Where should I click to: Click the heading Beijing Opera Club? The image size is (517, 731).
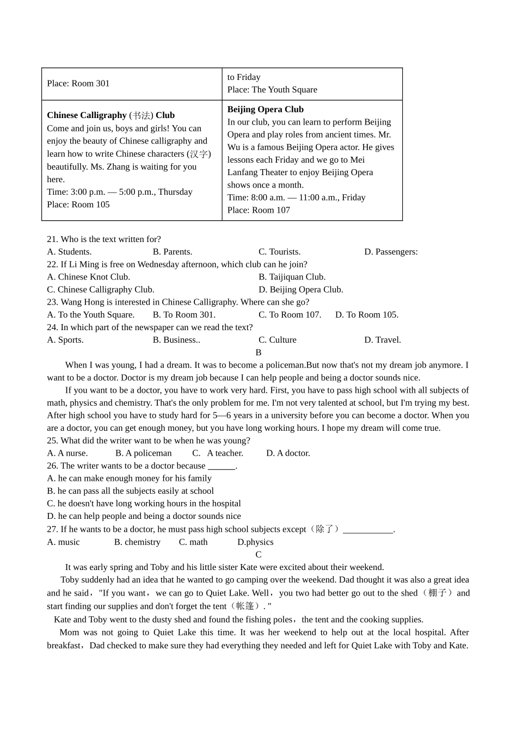[x=265, y=109]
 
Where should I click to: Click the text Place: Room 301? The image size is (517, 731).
[x=78, y=83]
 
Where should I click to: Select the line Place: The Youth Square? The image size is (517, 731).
[x=272, y=90]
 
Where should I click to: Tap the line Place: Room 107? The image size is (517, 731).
[x=258, y=210]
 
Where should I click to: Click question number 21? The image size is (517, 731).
[x=52, y=239]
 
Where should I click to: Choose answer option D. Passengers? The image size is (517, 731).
[x=391, y=252]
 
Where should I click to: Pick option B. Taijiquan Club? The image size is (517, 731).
[x=292, y=277]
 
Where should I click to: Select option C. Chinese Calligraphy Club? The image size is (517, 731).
[x=101, y=289]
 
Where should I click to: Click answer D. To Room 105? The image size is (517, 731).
[x=367, y=315]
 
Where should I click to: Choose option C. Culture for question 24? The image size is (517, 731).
[x=278, y=340]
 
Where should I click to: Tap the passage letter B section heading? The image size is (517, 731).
[x=258, y=352]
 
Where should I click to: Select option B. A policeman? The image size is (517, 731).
[x=144, y=453]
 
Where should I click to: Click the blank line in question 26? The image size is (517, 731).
[x=221, y=467]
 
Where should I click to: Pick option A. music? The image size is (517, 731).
[x=63, y=542]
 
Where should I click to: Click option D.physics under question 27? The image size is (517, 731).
[x=255, y=542]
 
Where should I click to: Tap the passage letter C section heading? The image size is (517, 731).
[x=258, y=555]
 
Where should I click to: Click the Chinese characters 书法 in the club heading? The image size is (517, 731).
[x=141, y=115]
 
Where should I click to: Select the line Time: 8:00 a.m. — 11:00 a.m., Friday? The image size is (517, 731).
[x=296, y=197]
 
